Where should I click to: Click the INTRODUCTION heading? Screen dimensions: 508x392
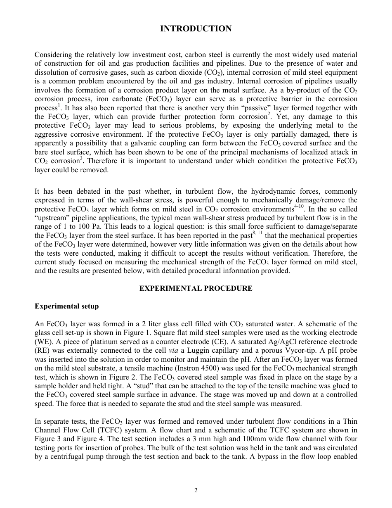pos(196,28)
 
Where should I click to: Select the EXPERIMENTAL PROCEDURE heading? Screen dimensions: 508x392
pos(196,288)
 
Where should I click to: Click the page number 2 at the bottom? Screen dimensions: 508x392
pos(196,490)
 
